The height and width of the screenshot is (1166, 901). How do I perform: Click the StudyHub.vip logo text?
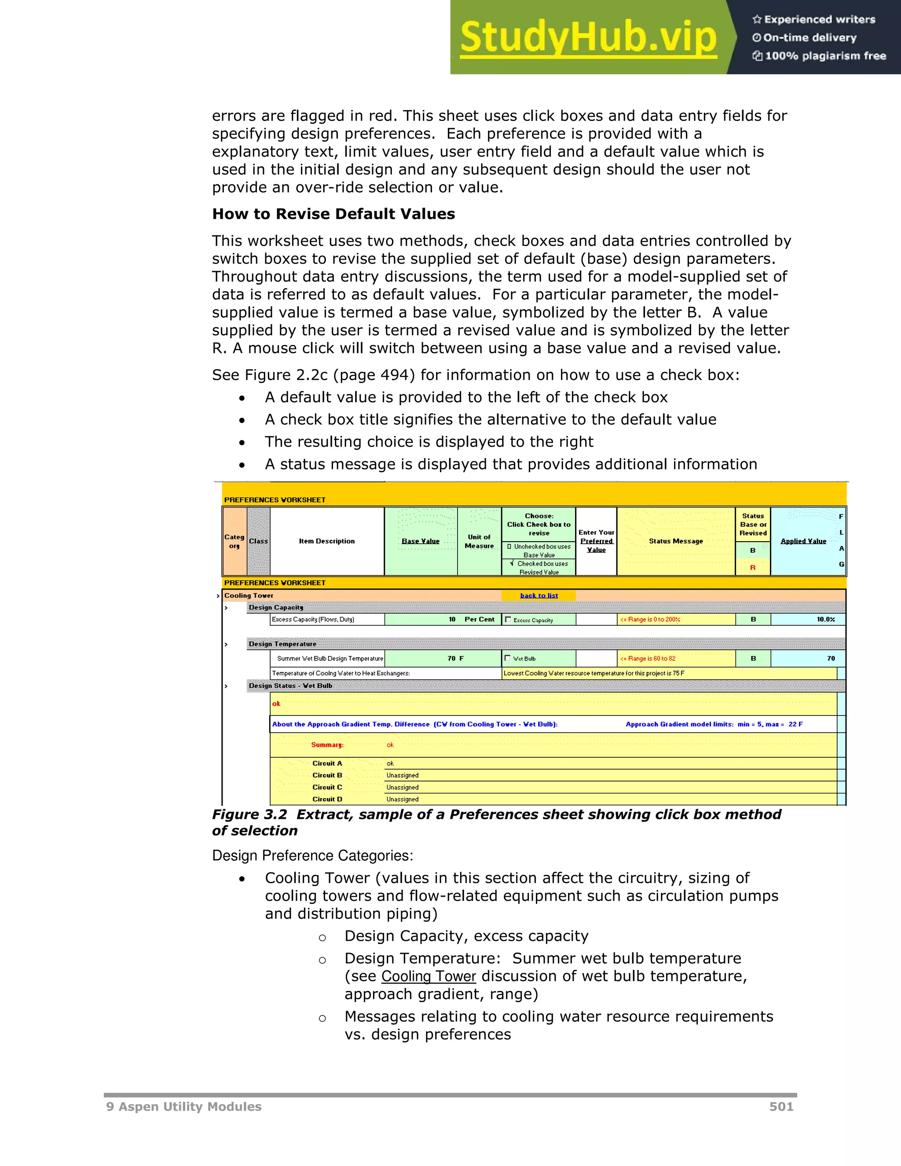588,37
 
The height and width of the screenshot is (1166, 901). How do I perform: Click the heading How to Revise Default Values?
333,214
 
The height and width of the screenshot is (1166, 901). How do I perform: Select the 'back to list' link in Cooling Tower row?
538,596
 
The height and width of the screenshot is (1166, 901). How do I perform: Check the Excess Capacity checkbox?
508,620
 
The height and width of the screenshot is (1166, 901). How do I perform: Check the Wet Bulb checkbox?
508,658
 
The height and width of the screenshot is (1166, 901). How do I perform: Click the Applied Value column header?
803,541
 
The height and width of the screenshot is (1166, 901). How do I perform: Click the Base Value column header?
420,541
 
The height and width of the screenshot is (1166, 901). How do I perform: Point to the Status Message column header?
675,541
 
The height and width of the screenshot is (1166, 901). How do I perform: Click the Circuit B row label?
327,775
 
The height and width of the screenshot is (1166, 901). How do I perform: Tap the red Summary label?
327,745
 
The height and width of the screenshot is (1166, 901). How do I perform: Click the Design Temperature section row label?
282,644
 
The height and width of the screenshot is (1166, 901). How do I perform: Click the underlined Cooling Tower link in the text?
428,976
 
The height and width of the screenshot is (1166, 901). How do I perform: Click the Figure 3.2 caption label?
249,815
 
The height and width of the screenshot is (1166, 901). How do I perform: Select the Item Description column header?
327,541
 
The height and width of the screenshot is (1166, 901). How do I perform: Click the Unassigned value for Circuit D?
402,799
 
